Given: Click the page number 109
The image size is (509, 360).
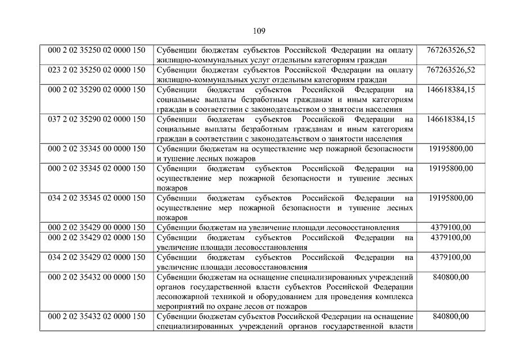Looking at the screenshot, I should [259, 30].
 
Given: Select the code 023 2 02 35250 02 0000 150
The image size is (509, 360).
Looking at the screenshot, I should [97, 70].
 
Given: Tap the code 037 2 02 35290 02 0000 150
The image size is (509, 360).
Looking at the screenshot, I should [97, 119].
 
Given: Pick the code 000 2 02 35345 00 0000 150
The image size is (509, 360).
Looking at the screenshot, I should [97, 149].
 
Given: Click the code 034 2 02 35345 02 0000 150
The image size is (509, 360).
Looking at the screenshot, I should [97, 198].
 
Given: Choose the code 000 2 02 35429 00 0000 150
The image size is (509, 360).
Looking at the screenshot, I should [97, 227].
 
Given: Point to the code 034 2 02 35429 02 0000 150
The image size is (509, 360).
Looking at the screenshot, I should [97, 257].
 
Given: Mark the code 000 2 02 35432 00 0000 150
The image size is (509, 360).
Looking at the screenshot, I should [97, 277].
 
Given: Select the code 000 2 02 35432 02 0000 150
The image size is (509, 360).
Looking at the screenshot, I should [97, 317].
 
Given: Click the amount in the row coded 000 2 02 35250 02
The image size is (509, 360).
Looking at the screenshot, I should [451, 50].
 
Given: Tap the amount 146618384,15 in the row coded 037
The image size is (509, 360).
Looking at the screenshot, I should [451, 119].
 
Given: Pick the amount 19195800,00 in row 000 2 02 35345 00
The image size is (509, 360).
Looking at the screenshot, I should [451, 149].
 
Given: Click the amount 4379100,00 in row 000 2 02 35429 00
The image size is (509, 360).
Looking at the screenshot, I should [451, 227].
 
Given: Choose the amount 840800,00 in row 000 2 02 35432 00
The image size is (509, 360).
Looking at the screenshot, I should [451, 277].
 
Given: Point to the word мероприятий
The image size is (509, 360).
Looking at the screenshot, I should [180, 307].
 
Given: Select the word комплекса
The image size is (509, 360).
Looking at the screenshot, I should [394, 297].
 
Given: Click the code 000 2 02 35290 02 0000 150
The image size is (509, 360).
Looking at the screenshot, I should [97, 89].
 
